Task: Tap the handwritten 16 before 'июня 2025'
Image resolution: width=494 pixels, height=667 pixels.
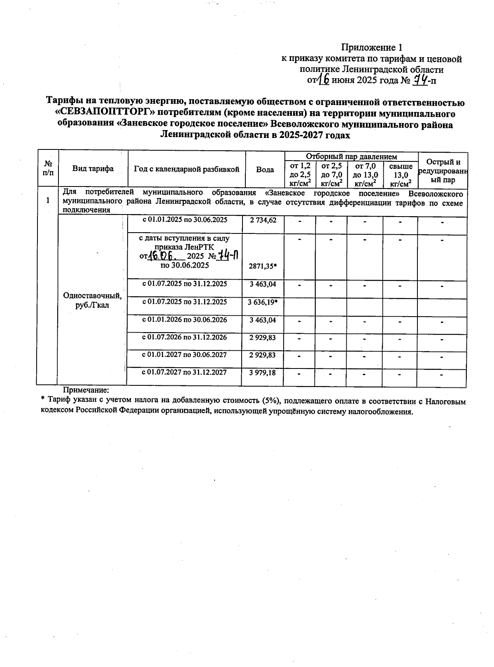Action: point(324,79)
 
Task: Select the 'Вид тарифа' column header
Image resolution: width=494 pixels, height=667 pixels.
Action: point(93,168)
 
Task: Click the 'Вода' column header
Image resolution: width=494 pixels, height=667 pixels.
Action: point(265,169)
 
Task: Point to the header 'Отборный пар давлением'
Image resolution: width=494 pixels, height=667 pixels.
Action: point(351,156)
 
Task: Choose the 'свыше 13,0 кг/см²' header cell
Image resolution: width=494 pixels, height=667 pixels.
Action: point(400,175)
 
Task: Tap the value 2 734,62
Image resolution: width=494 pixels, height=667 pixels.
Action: point(263,220)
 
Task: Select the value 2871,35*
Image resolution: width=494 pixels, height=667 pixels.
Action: point(263,266)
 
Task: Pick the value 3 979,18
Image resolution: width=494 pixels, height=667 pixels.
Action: point(263,373)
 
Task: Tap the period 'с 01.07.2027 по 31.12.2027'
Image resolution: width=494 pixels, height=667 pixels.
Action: point(184,372)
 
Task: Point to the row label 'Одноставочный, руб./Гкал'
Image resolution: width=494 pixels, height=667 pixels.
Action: point(92,301)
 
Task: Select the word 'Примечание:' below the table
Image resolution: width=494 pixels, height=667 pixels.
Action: point(85,389)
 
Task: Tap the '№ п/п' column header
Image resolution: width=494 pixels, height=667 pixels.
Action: point(48,168)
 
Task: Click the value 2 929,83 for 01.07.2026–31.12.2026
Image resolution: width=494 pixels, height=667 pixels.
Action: point(263,338)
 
